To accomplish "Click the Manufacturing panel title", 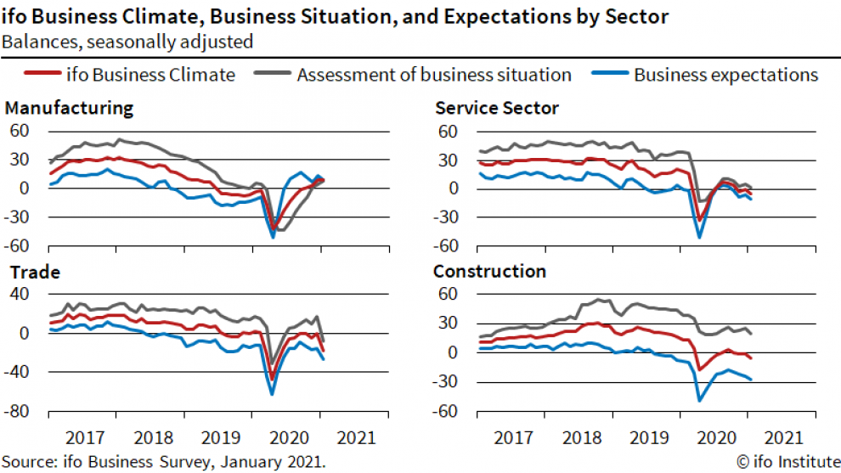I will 69,108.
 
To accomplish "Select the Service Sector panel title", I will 497,108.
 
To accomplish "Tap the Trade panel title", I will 32,273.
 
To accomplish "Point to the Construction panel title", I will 489,272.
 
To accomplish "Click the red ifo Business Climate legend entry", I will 161,75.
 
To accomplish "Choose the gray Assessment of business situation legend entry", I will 433,75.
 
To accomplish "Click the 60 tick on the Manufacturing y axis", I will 19,132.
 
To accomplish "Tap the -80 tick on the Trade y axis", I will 19,411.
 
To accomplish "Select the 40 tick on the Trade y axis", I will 19,294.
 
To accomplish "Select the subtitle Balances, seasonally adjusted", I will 127,40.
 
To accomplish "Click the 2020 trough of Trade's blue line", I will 272,394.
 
